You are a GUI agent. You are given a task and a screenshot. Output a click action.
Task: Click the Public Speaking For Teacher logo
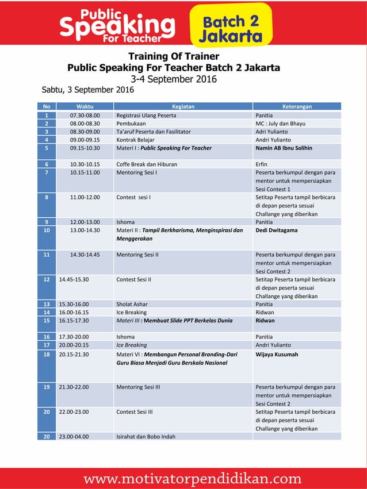click(118, 26)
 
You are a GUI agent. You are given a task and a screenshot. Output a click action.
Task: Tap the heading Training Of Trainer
click(173, 56)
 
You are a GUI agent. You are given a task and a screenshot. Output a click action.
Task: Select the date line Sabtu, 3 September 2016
click(88, 90)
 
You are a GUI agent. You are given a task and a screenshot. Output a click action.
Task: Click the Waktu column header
click(85, 106)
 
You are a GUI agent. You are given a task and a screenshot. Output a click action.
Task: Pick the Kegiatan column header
click(183, 106)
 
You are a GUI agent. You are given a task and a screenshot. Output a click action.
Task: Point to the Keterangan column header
click(297, 106)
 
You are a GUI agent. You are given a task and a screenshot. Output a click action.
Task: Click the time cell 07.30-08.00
click(85, 115)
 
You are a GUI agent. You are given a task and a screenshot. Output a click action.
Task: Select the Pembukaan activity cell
click(131, 123)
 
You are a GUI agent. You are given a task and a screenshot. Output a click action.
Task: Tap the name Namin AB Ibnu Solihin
click(284, 148)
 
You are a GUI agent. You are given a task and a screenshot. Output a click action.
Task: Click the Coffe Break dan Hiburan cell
click(147, 164)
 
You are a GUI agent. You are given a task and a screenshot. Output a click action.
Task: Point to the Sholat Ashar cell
click(132, 304)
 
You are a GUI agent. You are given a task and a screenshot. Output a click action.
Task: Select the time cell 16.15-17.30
click(74, 321)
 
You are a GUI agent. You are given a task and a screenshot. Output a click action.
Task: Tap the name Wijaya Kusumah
click(277, 355)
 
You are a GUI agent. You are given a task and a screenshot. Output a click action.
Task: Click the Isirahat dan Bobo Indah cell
click(146, 436)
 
